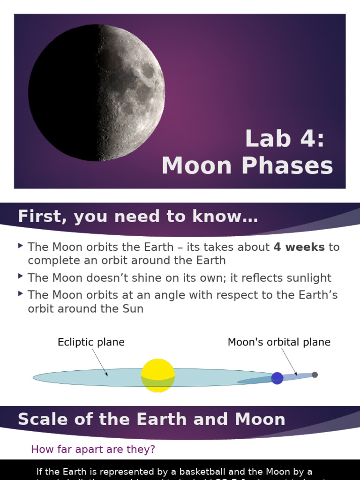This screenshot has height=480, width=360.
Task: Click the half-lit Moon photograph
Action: point(97,93)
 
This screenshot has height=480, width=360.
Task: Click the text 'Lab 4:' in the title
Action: point(285,139)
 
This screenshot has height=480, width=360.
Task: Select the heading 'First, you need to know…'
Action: point(138,217)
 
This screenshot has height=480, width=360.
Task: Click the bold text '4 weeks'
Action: point(299,247)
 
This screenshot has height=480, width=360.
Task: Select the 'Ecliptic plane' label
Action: point(91,342)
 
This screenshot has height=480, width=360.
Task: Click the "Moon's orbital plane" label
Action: point(279,342)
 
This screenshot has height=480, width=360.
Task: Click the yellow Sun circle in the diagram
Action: point(158,375)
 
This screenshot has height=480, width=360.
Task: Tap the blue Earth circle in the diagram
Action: point(277,378)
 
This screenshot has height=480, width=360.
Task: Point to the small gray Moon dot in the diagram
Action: point(315,375)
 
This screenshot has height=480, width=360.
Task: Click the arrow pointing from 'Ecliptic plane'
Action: point(99,362)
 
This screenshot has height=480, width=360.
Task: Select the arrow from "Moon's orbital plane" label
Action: point(289,362)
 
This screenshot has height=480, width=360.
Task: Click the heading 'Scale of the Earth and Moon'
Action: point(151,419)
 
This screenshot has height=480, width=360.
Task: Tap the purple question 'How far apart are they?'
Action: point(93,450)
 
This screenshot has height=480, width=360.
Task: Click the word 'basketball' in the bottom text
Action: point(205,472)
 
